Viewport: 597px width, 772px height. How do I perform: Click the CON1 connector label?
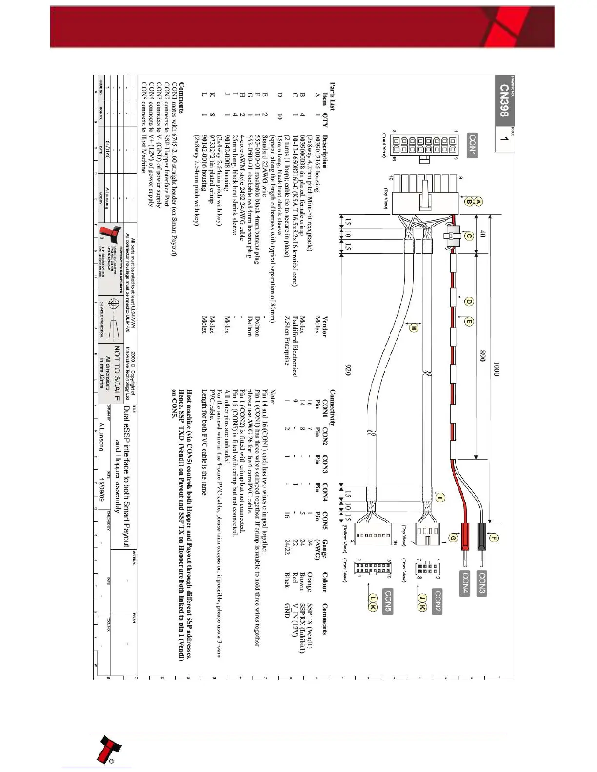(472, 145)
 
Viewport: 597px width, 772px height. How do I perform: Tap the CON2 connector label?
(437, 601)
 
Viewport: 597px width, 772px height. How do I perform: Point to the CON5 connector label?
(388, 601)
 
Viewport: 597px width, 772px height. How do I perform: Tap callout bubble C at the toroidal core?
(469, 236)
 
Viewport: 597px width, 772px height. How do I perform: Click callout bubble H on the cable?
(414, 328)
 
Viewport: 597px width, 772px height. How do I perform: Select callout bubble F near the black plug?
(494, 539)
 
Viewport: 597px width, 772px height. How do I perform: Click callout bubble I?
(440, 498)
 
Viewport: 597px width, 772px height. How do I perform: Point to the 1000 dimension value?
(496, 369)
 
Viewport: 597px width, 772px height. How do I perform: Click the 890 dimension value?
(483, 356)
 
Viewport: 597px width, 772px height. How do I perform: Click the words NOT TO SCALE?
(117, 373)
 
